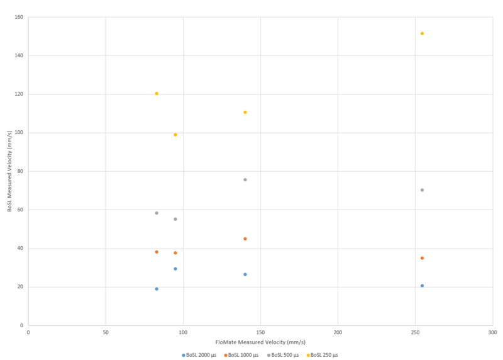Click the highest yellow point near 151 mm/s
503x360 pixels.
(x=422, y=33)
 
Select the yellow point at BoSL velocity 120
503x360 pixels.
(x=157, y=93)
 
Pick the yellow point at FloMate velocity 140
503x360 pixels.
(x=245, y=112)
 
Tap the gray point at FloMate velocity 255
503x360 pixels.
(x=422, y=190)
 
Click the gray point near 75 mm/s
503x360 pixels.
(x=245, y=180)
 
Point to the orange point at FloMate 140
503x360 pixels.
(x=245, y=239)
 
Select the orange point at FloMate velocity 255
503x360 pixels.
(x=422, y=258)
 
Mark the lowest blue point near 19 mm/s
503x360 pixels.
(x=157, y=289)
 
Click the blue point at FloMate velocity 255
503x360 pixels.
(x=422, y=286)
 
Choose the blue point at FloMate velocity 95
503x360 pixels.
(x=175, y=269)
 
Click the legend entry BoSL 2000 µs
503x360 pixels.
(x=199, y=355)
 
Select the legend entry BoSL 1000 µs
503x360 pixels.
(x=241, y=355)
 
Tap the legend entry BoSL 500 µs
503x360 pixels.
(x=283, y=355)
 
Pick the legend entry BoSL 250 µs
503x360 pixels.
(x=323, y=355)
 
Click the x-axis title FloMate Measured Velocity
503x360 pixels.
(x=260, y=342)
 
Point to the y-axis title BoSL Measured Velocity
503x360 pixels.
(x=9, y=171)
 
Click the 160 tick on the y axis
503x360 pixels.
(x=19, y=17)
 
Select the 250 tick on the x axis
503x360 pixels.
(x=415, y=332)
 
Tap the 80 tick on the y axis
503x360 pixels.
(x=20, y=171)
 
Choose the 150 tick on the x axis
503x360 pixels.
(x=260, y=332)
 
